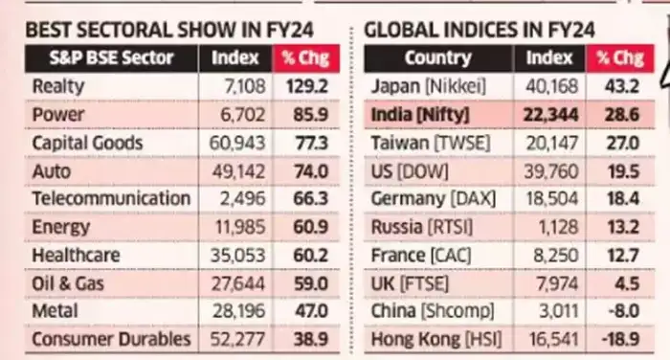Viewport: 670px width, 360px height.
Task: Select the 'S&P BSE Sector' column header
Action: tap(112, 58)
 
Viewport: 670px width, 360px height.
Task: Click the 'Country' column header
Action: tap(438, 58)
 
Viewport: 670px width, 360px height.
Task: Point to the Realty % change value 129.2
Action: tap(303, 86)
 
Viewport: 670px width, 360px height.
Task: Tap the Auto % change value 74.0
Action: tap(303, 171)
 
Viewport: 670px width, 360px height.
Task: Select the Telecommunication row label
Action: tap(111, 199)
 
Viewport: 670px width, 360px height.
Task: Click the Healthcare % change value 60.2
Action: tap(303, 256)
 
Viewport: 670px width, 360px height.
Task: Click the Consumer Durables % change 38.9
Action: tap(303, 340)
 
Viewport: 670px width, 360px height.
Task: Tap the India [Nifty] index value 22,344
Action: tap(549, 115)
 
